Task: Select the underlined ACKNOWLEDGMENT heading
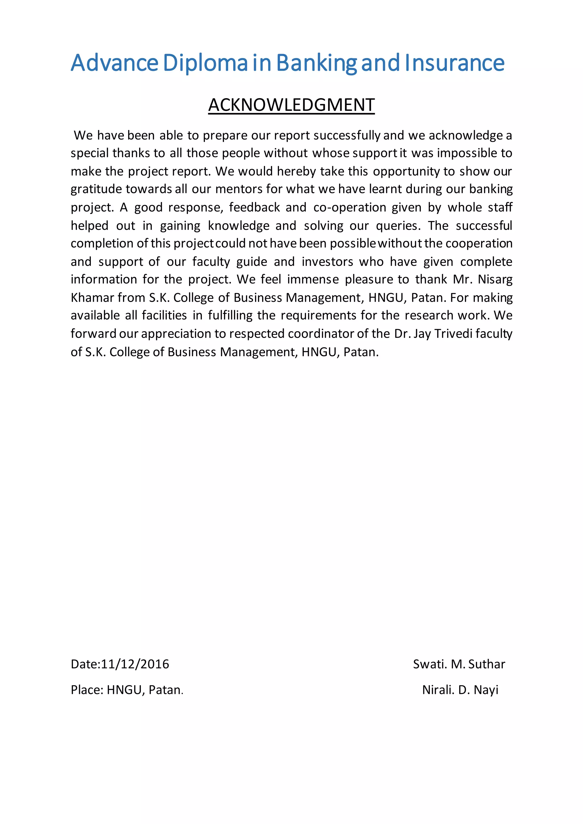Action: pos(291,105)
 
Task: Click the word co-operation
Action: pos(349,207)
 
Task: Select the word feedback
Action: pos(254,207)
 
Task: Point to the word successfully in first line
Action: pos(346,135)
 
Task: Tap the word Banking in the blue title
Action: pos(317,63)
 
